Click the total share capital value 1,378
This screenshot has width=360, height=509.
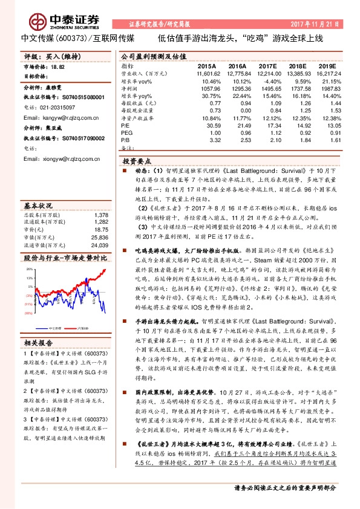(x=101, y=215)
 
